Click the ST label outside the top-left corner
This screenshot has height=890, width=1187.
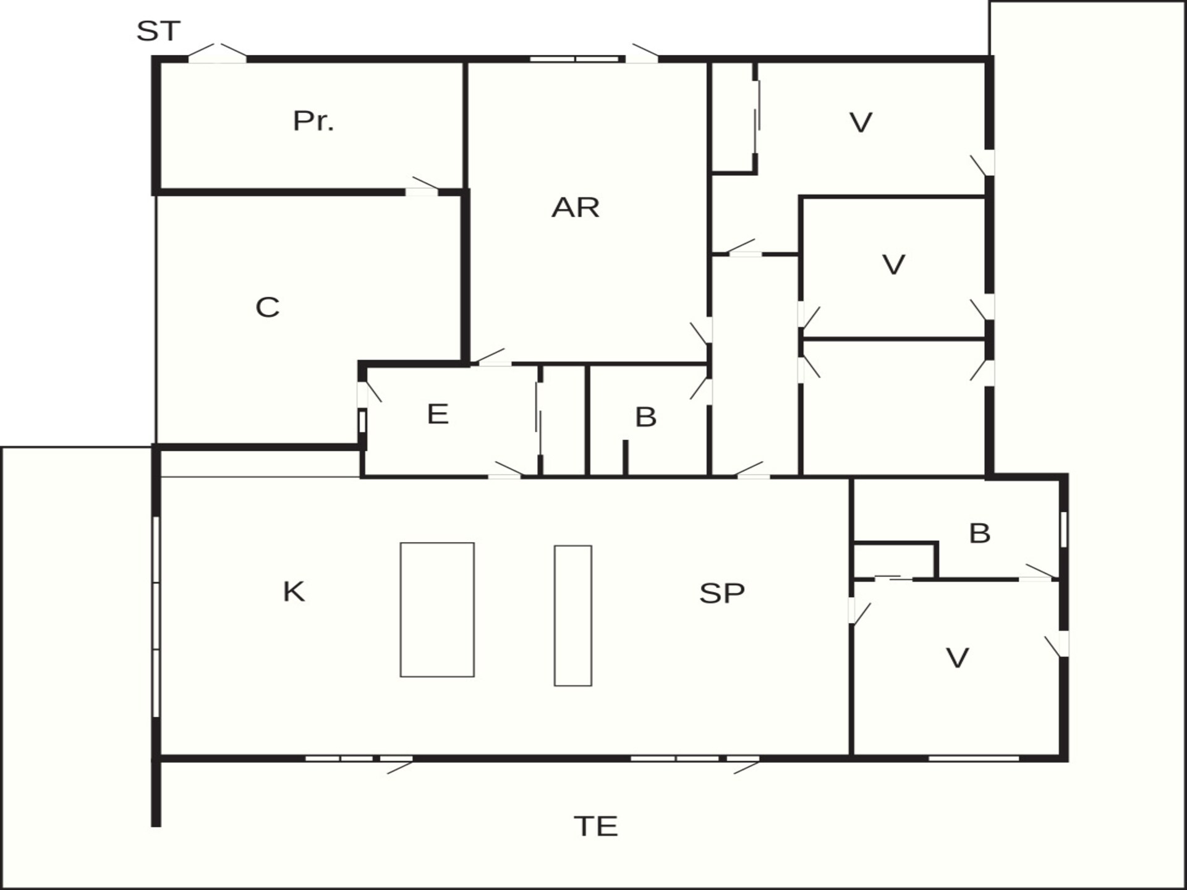(x=158, y=31)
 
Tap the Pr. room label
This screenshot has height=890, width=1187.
(x=313, y=121)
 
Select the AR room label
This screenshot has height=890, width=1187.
(x=576, y=208)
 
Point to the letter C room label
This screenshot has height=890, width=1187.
(x=268, y=307)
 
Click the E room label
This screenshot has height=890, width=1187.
(x=438, y=414)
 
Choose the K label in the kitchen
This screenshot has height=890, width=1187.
(x=294, y=591)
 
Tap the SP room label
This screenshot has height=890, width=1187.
(x=722, y=593)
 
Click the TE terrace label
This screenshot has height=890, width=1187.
(x=596, y=826)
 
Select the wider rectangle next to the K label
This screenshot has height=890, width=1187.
(x=437, y=609)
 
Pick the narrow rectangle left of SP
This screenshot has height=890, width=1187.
(x=573, y=616)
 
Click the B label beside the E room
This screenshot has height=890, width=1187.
(x=645, y=417)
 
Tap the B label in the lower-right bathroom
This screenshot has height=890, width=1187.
(x=980, y=533)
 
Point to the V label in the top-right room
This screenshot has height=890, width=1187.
(x=861, y=122)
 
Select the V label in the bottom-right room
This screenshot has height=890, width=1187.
(x=957, y=658)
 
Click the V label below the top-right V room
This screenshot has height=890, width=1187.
(x=893, y=265)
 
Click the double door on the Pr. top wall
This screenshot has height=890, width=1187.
(x=217, y=53)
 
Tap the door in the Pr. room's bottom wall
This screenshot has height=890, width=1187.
(x=422, y=187)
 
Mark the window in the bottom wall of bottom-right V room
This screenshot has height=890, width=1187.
(x=974, y=758)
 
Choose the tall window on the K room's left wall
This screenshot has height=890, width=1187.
(x=156, y=617)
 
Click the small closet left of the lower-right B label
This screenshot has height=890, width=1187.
(x=896, y=561)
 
